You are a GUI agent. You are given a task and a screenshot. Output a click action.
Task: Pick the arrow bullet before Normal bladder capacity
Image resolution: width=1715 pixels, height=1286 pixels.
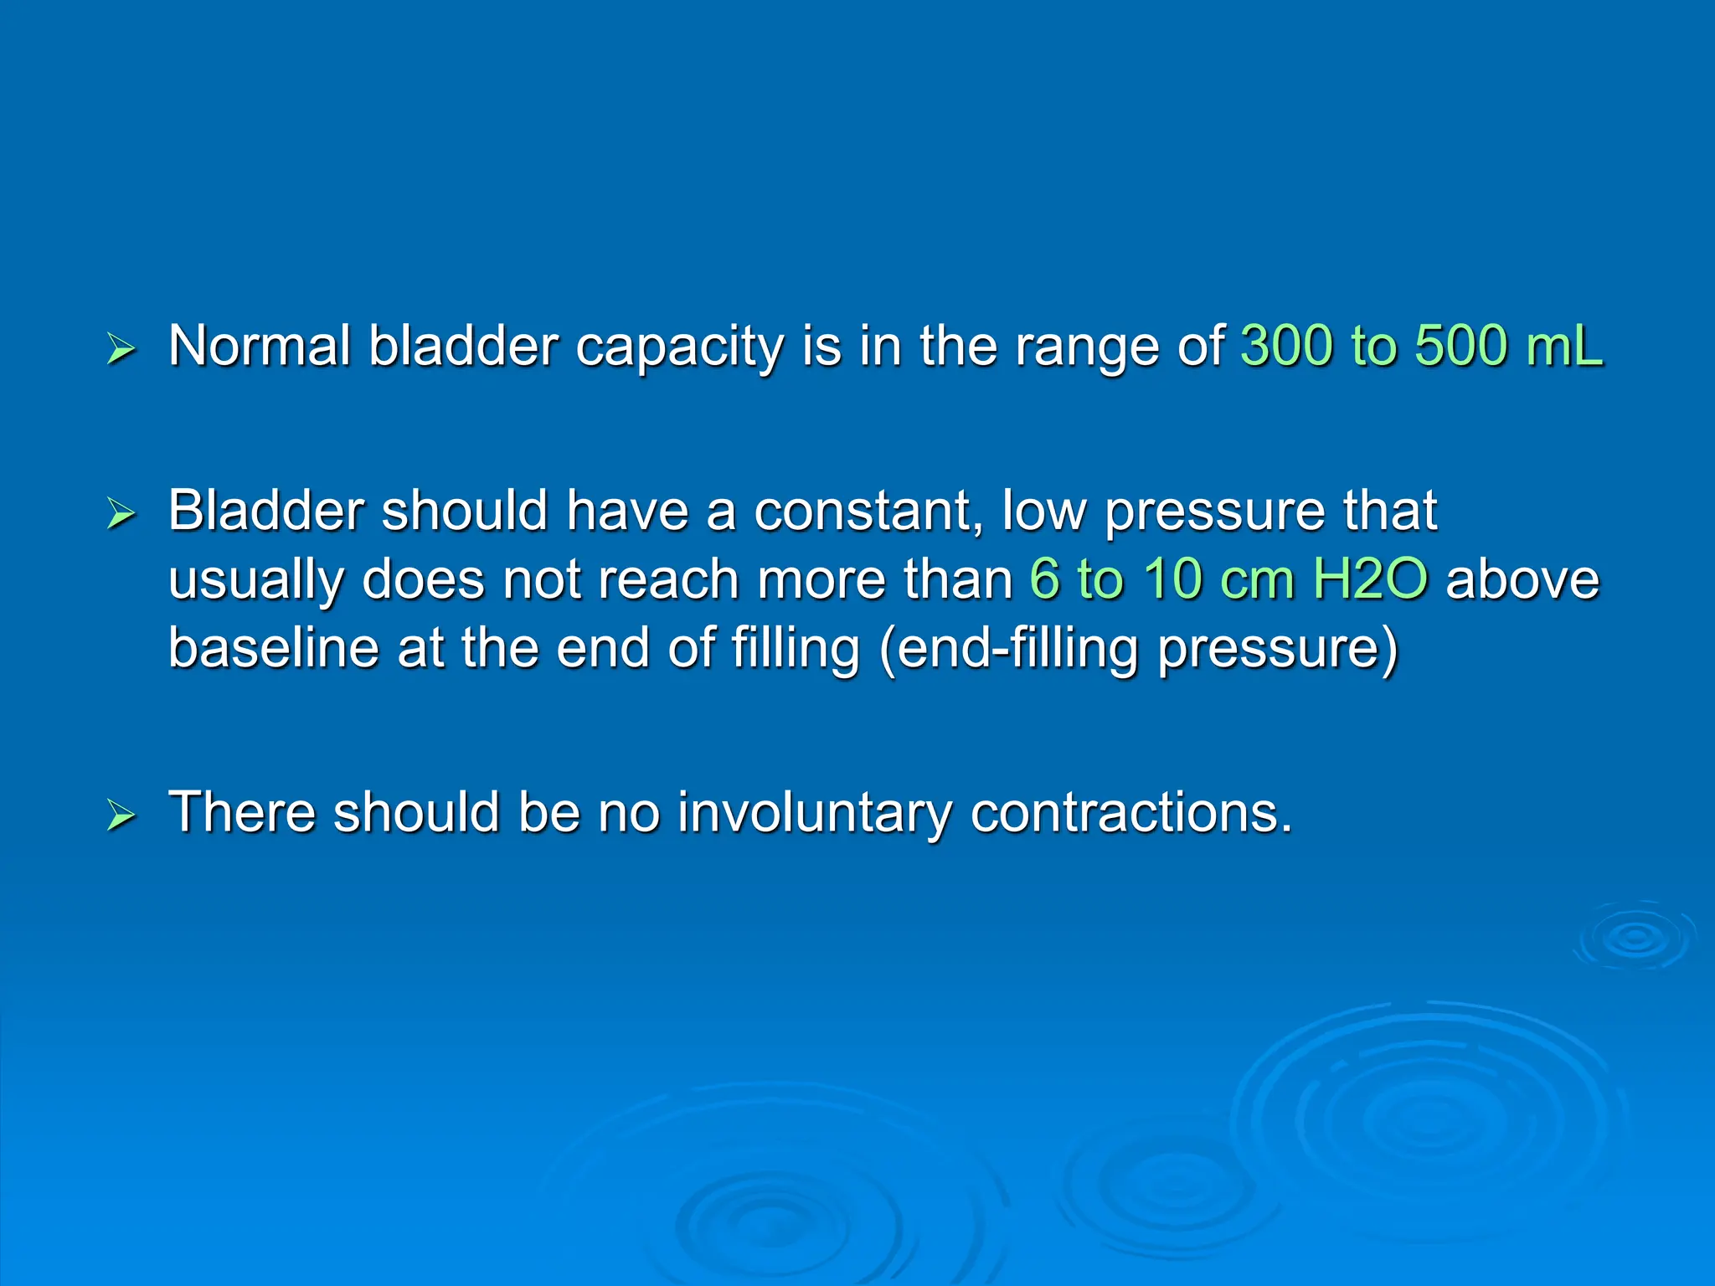121,349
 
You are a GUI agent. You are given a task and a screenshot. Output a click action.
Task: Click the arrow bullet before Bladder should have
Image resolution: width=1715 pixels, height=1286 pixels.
121,513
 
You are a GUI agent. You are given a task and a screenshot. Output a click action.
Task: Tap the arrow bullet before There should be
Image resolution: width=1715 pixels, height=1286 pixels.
121,815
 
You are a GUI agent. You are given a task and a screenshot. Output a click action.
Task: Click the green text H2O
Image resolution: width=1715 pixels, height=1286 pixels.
1370,579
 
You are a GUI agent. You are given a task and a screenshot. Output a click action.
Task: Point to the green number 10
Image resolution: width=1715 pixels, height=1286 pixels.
1172,579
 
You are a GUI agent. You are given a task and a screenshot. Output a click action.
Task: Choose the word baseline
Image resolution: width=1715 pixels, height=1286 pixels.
273,648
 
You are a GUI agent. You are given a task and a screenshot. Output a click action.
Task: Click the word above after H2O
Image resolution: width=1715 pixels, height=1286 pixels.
1522,579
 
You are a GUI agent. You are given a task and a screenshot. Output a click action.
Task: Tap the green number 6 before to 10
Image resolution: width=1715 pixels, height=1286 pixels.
1044,579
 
